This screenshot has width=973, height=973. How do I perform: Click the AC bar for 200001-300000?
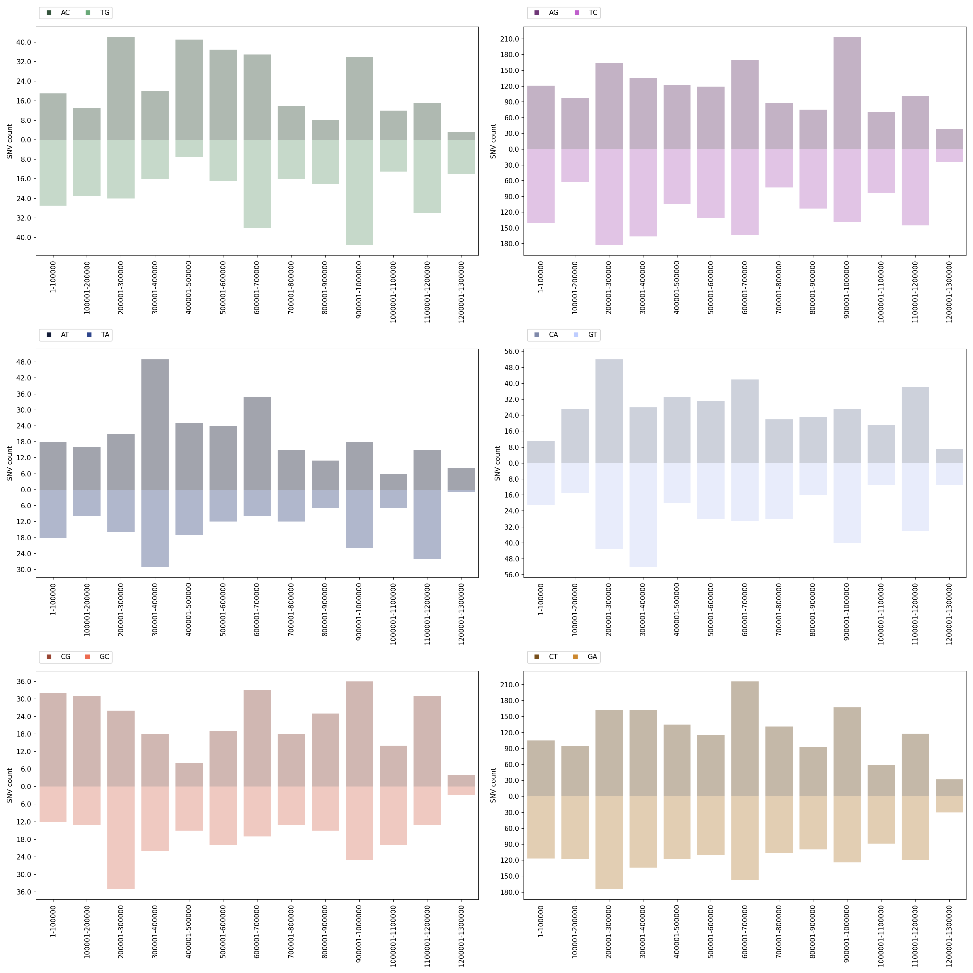click(x=121, y=89)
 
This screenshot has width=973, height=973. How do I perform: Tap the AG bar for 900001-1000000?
click(x=847, y=93)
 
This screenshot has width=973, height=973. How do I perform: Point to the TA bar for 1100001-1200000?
click(x=427, y=524)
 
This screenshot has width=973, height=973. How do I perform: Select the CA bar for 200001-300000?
click(x=609, y=411)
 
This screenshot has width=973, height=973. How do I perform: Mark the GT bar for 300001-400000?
click(x=643, y=515)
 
